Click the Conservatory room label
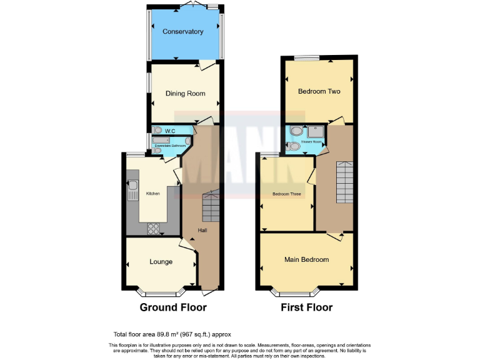[x=183, y=31]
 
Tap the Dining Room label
[x=185, y=94]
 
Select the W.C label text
[x=169, y=131]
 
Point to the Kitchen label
[x=153, y=194]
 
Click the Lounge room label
[x=161, y=262]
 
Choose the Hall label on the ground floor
[x=202, y=231]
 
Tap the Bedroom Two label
[x=319, y=91]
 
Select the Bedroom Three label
[x=287, y=194]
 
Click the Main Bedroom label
[x=306, y=259]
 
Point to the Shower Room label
[x=312, y=142]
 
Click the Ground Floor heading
[x=173, y=307]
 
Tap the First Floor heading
[x=306, y=307]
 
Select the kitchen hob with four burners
[x=153, y=229]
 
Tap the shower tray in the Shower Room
[x=316, y=131]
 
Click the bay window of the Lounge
[x=161, y=291]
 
